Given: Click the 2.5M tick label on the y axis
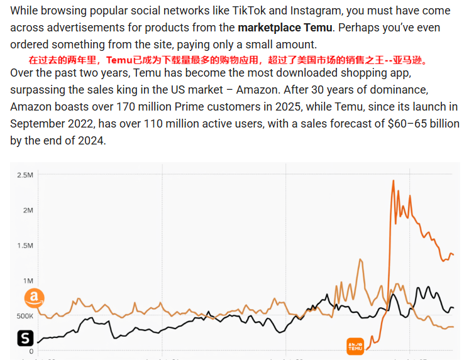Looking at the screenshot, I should tap(25, 175).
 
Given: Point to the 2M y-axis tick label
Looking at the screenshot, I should tap(28, 210).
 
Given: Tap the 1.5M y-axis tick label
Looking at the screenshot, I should tap(25, 246).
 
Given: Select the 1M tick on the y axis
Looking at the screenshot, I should tap(28, 281).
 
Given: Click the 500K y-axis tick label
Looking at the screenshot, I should tap(25, 316).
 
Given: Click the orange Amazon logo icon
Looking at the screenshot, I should tap(34, 298).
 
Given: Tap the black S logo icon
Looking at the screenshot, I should tap(25, 338).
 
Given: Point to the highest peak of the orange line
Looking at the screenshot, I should tap(393, 181).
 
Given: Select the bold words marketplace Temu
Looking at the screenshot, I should tap(285, 28).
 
